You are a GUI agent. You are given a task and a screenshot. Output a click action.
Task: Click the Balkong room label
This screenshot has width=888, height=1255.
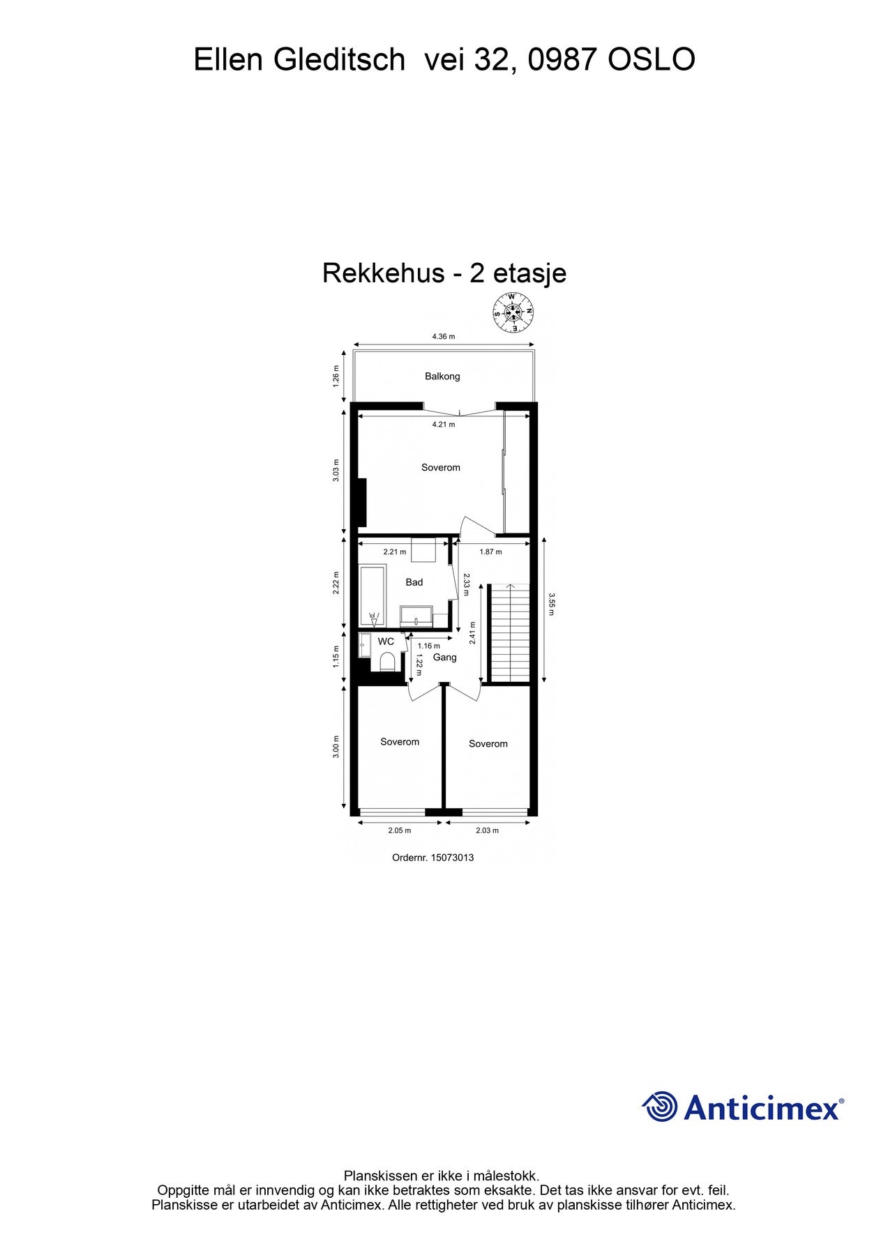[442, 376]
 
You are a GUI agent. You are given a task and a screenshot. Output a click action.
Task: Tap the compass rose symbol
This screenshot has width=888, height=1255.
[513, 312]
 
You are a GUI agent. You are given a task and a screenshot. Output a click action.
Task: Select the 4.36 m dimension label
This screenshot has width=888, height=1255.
[443, 336]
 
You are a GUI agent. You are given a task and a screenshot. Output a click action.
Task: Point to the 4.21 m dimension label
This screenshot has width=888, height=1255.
[443, 424]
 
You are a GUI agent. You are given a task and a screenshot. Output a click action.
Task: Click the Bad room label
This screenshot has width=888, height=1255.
[414, 582]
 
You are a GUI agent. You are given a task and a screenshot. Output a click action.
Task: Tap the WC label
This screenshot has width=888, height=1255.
[386, 641]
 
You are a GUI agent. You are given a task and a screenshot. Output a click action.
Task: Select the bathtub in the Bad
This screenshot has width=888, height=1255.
[372, 596]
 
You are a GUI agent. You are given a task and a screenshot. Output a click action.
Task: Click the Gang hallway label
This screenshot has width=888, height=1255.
[445, 657]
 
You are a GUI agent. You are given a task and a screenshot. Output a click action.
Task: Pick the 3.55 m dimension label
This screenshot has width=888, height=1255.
[551, 604]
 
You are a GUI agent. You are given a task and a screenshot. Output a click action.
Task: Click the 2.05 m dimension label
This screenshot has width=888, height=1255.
[400, 830]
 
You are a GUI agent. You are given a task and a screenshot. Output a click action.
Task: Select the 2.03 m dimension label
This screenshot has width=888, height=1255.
[487, 830]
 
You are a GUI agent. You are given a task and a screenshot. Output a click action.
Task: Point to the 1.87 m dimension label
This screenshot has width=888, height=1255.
[490, 552]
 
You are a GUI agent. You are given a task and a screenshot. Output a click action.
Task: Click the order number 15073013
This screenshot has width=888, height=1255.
[452, 858]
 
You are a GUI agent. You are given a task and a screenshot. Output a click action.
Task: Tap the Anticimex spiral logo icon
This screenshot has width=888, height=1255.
[659, 1106]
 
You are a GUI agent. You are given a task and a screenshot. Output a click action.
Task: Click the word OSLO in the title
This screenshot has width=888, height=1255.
[652, 60]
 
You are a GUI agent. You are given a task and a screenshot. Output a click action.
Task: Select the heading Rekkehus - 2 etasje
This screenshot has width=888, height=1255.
[444, 273]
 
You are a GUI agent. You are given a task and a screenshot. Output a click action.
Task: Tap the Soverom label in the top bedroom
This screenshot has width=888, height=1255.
[441, 468]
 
